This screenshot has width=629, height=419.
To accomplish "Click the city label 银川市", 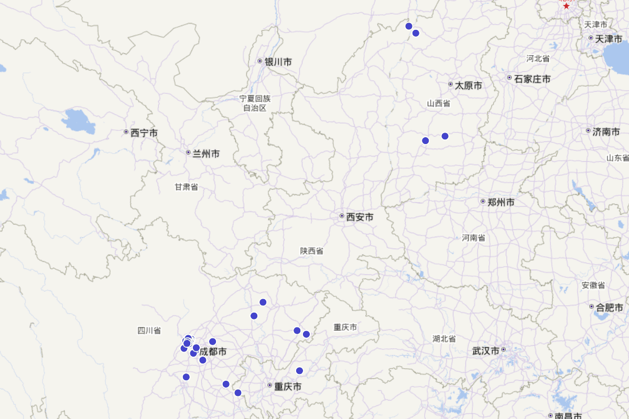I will (x=278, y=62).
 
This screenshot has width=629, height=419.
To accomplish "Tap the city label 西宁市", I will (x=144, y=133).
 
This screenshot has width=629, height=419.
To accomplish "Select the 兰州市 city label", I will (x=207, y=154).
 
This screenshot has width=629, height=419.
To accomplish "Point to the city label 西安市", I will (x=360, y=217).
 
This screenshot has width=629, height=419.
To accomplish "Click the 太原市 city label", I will (x=469, y=85).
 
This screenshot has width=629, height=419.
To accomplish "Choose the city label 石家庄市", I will (x=533, y=79).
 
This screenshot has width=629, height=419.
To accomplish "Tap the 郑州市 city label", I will (x=501, y=202).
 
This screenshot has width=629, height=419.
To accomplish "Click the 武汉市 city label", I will (x=486, y=350).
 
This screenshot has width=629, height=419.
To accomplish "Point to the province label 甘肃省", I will (x=187, y=187).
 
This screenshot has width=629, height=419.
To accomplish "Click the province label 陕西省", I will (x=312, y=251).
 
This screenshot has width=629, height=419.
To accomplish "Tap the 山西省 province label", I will (x=439, y=104).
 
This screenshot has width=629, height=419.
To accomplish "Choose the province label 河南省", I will (x=474, y=238).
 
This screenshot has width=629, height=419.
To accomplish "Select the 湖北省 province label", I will (x=444, y=338).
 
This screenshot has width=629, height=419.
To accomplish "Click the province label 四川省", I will (x=149, y=330).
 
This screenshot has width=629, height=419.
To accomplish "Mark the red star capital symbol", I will (x=566, y=5).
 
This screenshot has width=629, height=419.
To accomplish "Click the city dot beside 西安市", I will (x=342, y=216).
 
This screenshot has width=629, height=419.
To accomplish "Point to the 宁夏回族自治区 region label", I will (x=255, y=103).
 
